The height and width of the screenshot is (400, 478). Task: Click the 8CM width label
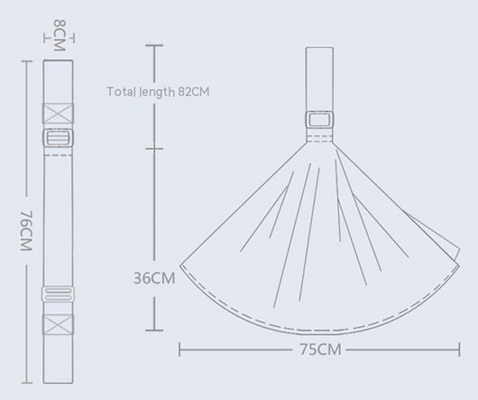click(60, 35)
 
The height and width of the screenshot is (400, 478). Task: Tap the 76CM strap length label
click(26, 230)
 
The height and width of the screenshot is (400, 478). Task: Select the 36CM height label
click(154, 278)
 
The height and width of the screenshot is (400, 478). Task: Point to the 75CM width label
click(320, 349)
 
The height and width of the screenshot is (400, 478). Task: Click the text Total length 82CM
click(158, 91)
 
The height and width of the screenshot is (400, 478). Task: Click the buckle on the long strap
click(58, 138)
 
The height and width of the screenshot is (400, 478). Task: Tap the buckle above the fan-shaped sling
click(319, 119)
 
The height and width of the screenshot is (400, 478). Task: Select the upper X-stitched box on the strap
click(58, 113)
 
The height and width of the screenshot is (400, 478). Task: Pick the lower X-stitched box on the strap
click(58, 324)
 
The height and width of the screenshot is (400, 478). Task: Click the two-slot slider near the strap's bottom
click(58, 293)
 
